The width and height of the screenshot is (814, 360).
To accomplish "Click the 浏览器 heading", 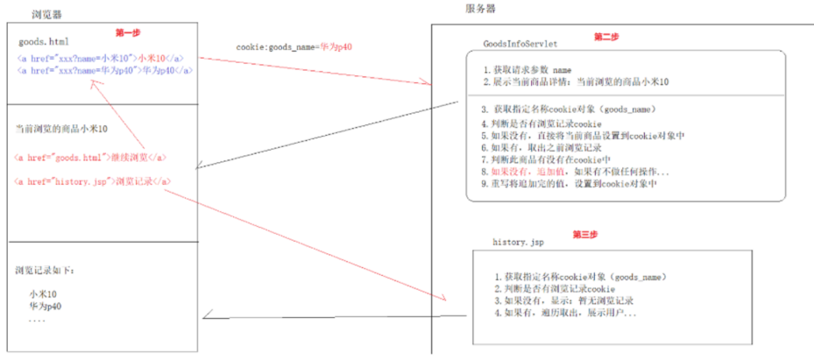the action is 46,16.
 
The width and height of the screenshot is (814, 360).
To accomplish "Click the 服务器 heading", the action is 481,8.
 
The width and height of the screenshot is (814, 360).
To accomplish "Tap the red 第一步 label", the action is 128,32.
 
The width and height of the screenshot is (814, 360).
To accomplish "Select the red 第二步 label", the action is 606,37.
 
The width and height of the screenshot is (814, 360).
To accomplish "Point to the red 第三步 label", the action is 585,234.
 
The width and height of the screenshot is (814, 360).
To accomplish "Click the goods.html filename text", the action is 43,42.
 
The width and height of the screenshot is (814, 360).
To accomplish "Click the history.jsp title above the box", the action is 520,239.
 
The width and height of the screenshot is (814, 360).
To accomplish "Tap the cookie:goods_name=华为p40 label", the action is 294,46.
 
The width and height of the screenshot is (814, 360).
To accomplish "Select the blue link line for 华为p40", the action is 104,70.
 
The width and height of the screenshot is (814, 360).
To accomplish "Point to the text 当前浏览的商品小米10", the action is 61,129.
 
